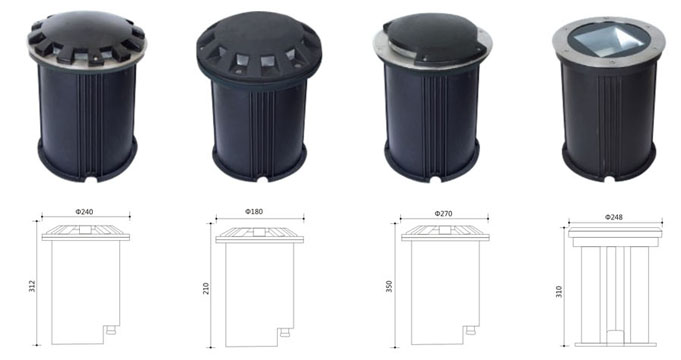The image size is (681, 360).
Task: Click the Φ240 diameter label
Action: point(84,212)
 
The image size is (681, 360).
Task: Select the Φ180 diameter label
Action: point(254,211)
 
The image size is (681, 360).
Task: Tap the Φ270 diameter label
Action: point(443,213)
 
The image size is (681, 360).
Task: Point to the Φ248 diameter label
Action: point(614,217)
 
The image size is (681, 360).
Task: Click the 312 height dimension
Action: point(32,286)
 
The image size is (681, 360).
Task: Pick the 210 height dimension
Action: point(206,288)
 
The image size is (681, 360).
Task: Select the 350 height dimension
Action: point(389,286)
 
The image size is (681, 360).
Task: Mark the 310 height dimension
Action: point(559,291)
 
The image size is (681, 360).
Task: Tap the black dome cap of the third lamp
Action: point(430,38)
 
